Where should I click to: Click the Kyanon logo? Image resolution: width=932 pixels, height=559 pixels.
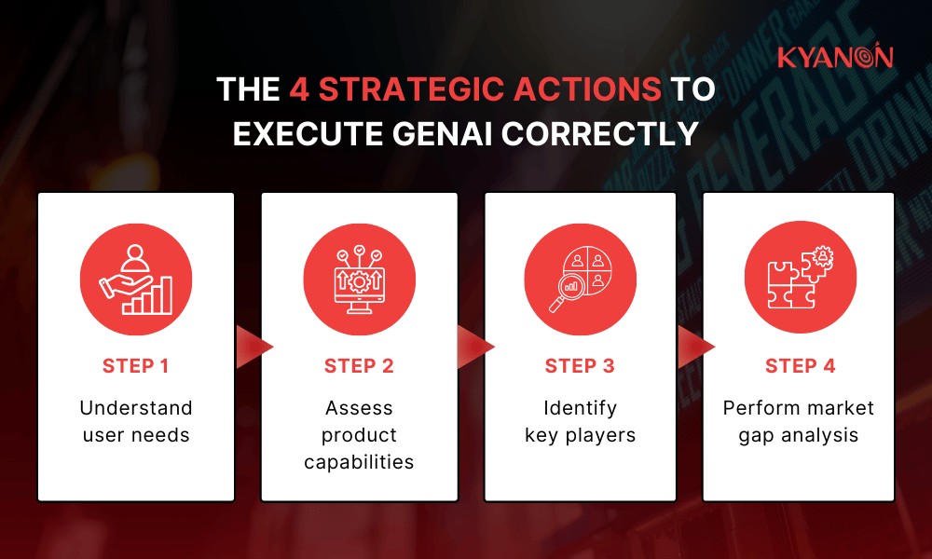[835, 58]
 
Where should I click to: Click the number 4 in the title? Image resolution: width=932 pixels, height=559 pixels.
[298, 89]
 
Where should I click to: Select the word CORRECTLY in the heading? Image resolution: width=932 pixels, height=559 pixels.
[600, 133]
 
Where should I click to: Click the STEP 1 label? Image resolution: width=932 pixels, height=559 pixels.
[136, 366]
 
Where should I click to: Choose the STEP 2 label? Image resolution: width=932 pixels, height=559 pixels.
[359, 366]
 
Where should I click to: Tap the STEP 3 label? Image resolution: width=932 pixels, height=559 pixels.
[580, 366]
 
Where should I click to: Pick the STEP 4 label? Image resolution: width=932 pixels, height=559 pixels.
[799, 366]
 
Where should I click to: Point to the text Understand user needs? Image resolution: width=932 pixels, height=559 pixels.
[136, 421]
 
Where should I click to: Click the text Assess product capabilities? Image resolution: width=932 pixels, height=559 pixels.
[359, 435]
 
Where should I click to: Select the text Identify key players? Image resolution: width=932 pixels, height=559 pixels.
[580, 421]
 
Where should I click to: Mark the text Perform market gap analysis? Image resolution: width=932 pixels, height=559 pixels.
[799, 421]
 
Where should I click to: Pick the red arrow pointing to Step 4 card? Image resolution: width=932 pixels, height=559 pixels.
[692, 347]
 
